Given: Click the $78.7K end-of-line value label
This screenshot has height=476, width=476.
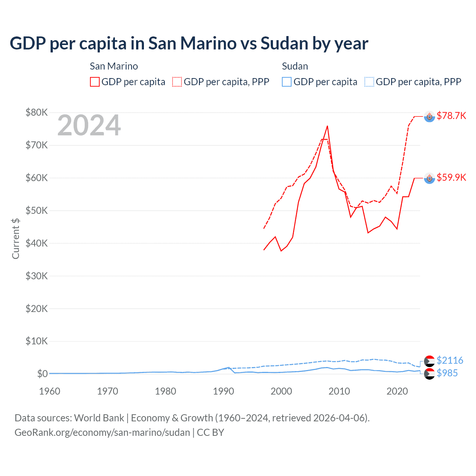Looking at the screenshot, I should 451,116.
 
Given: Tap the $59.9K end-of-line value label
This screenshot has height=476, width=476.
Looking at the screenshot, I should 451,177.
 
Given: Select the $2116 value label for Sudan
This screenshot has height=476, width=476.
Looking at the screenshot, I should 450,360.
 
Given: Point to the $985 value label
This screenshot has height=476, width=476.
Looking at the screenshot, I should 447,373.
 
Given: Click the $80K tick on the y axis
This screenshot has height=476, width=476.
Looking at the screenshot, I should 36,112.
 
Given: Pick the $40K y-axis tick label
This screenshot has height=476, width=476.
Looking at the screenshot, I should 36,243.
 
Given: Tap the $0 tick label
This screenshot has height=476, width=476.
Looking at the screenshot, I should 42,374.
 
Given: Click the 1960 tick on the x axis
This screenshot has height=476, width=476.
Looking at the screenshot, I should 49,391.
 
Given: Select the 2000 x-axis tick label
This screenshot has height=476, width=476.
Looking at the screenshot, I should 281,391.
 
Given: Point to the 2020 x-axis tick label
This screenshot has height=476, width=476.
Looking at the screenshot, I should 397,391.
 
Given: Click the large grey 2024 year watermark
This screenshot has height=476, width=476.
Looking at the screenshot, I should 89,126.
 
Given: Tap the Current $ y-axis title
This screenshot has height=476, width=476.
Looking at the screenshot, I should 16,238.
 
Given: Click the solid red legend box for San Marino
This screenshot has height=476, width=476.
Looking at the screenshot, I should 95,82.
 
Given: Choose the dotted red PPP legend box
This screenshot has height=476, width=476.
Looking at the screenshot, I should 177,82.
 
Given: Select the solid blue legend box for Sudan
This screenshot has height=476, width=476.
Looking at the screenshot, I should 287,82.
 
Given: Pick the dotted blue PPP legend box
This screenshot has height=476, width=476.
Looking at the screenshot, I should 369,82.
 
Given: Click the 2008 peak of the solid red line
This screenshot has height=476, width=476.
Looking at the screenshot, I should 327,126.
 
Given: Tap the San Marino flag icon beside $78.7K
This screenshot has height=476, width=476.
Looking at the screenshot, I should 430,117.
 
